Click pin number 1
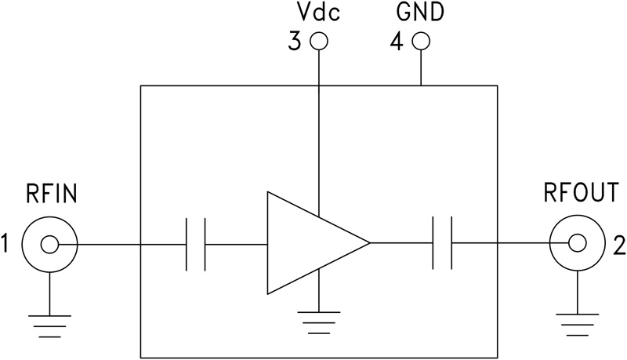[x=7, y=245]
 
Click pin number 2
[x=618, y=245]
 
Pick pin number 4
[x=397, y=42]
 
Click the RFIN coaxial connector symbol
[x=49, y=245]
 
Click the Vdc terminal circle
[x=318, y=42]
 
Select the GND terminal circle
[x=422, y=42]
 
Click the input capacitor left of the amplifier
[x=195, y=245]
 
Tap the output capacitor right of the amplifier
[x=442, y=245]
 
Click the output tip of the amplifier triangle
[x=368, y=244]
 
